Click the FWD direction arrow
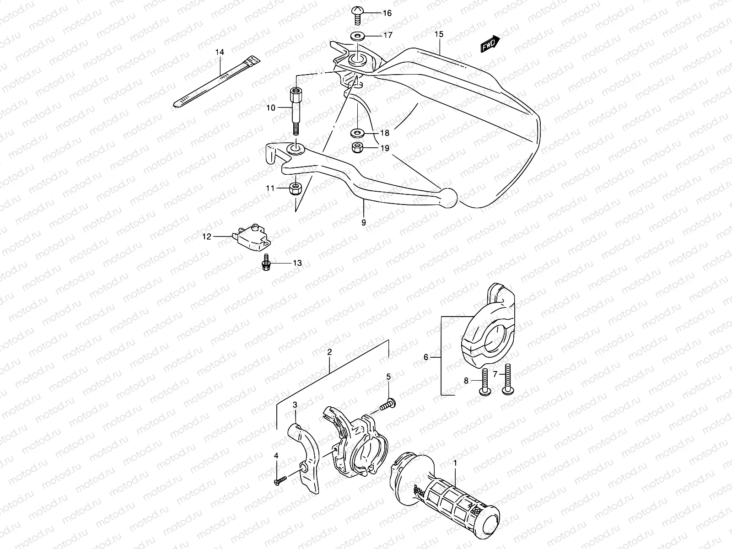[490, 44]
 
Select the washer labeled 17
[356, 36]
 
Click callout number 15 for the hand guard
[439, 34]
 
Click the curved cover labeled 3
[306, 457]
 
